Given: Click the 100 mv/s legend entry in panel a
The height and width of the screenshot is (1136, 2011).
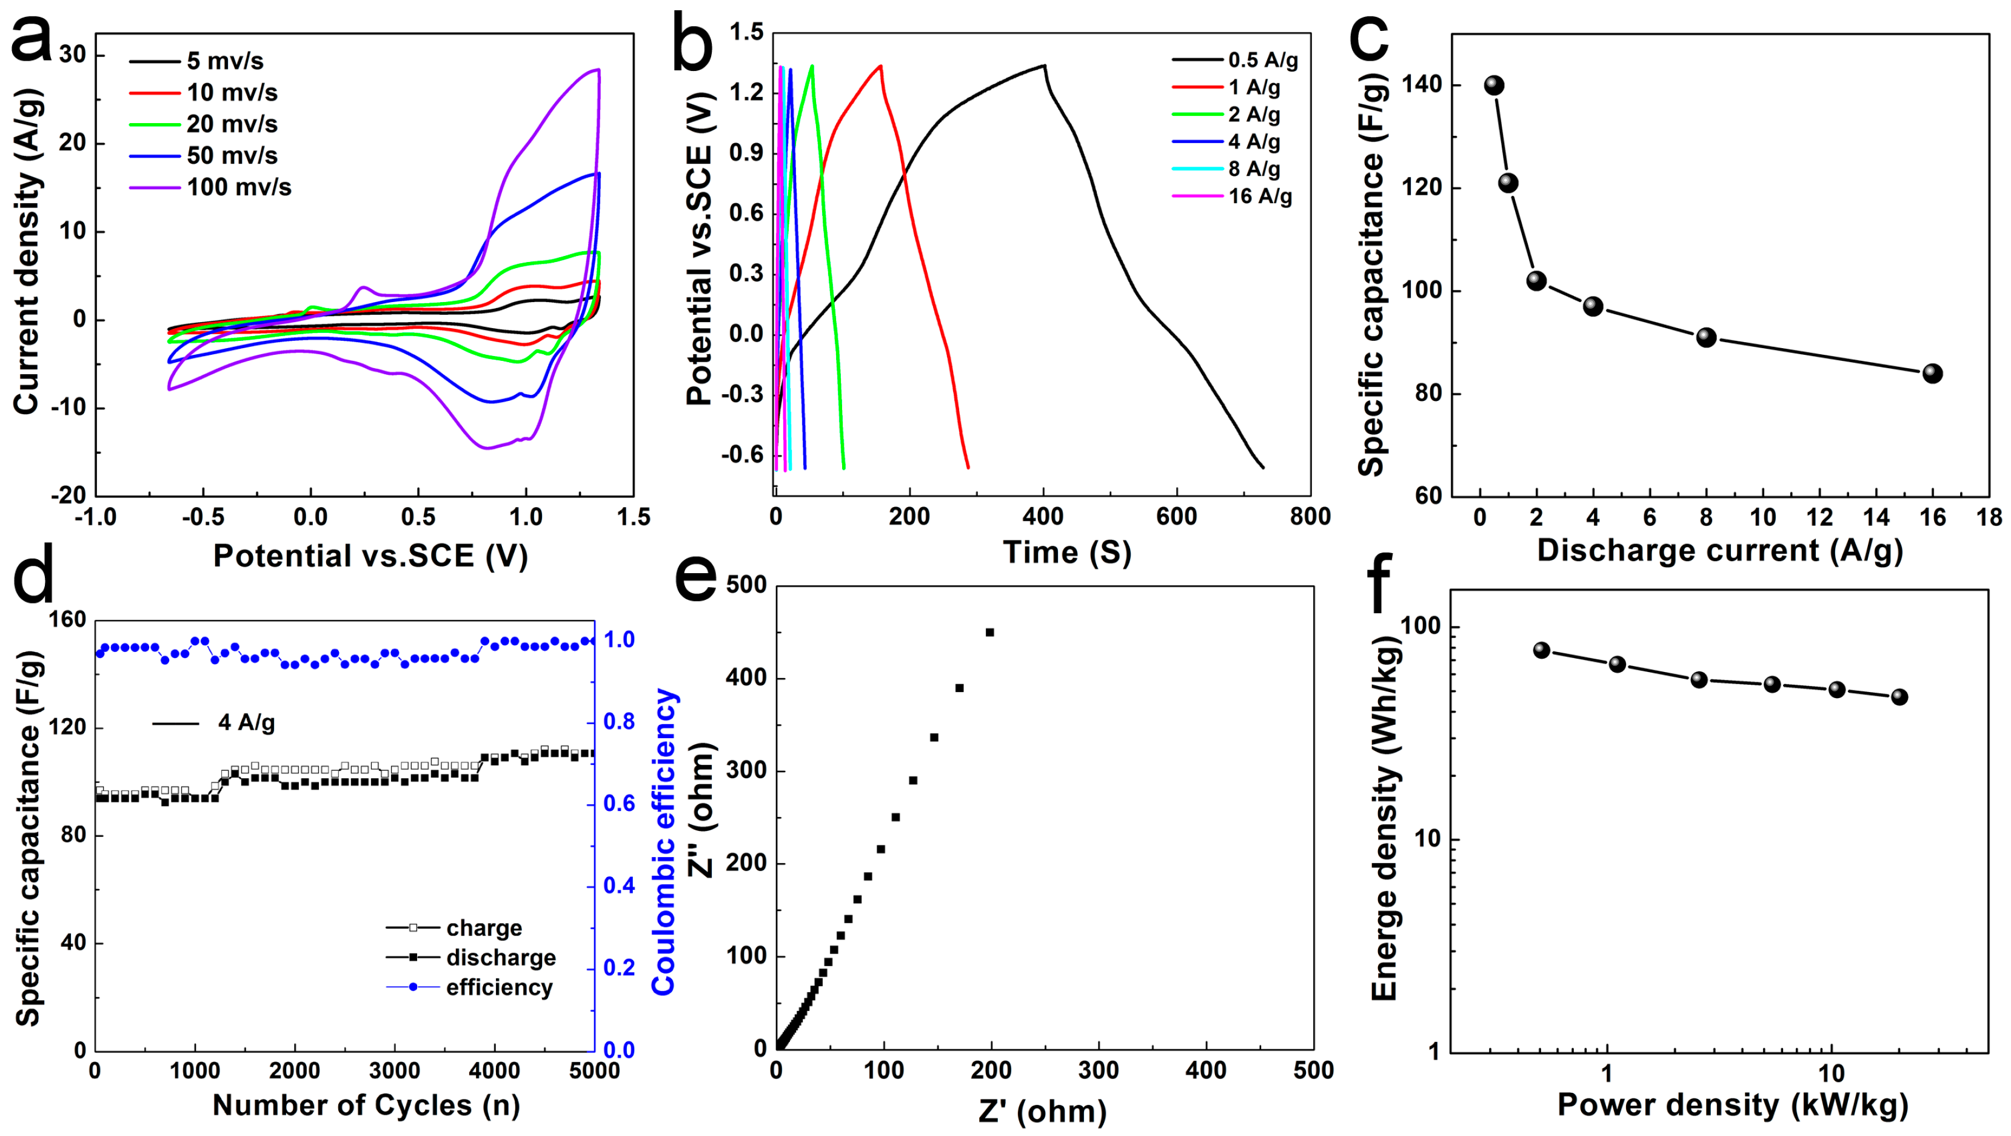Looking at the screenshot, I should (x=238, y=187).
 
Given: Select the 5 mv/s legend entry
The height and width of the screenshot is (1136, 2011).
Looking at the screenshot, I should (x=224, y=61).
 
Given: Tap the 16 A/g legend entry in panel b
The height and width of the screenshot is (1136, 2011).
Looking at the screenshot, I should (x=1259, y=196).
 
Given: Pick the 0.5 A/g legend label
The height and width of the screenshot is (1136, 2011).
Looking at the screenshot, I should (x=1262, y=60).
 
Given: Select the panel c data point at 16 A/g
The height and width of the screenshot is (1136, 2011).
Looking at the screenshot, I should (x=1932, y=373).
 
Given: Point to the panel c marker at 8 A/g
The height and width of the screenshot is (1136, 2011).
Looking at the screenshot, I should (x=1706, y=337).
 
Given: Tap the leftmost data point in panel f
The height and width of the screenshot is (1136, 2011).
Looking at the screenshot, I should (x=1541, y=650).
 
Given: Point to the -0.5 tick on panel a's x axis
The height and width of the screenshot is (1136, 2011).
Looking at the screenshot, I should (x=203, y=517).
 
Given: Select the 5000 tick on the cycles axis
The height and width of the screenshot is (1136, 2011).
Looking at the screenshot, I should (x=594, y=1070).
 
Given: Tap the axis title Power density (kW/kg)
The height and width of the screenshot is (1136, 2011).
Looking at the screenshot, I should (x=1732, y=1105).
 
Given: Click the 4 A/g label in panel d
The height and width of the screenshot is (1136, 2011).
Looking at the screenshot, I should (x=246, y=723).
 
